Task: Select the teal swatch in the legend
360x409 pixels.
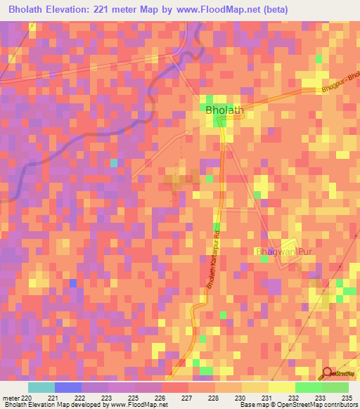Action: [x=41, y=387]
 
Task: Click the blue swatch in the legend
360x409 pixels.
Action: [x=68, y=387]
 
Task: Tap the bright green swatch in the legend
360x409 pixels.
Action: [x=308, y=387]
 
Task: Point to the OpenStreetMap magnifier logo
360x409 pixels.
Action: [x=327, y=373]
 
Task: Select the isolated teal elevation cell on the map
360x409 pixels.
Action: [x=114, y=162]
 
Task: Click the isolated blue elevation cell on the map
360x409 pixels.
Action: [x=72, y=283]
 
